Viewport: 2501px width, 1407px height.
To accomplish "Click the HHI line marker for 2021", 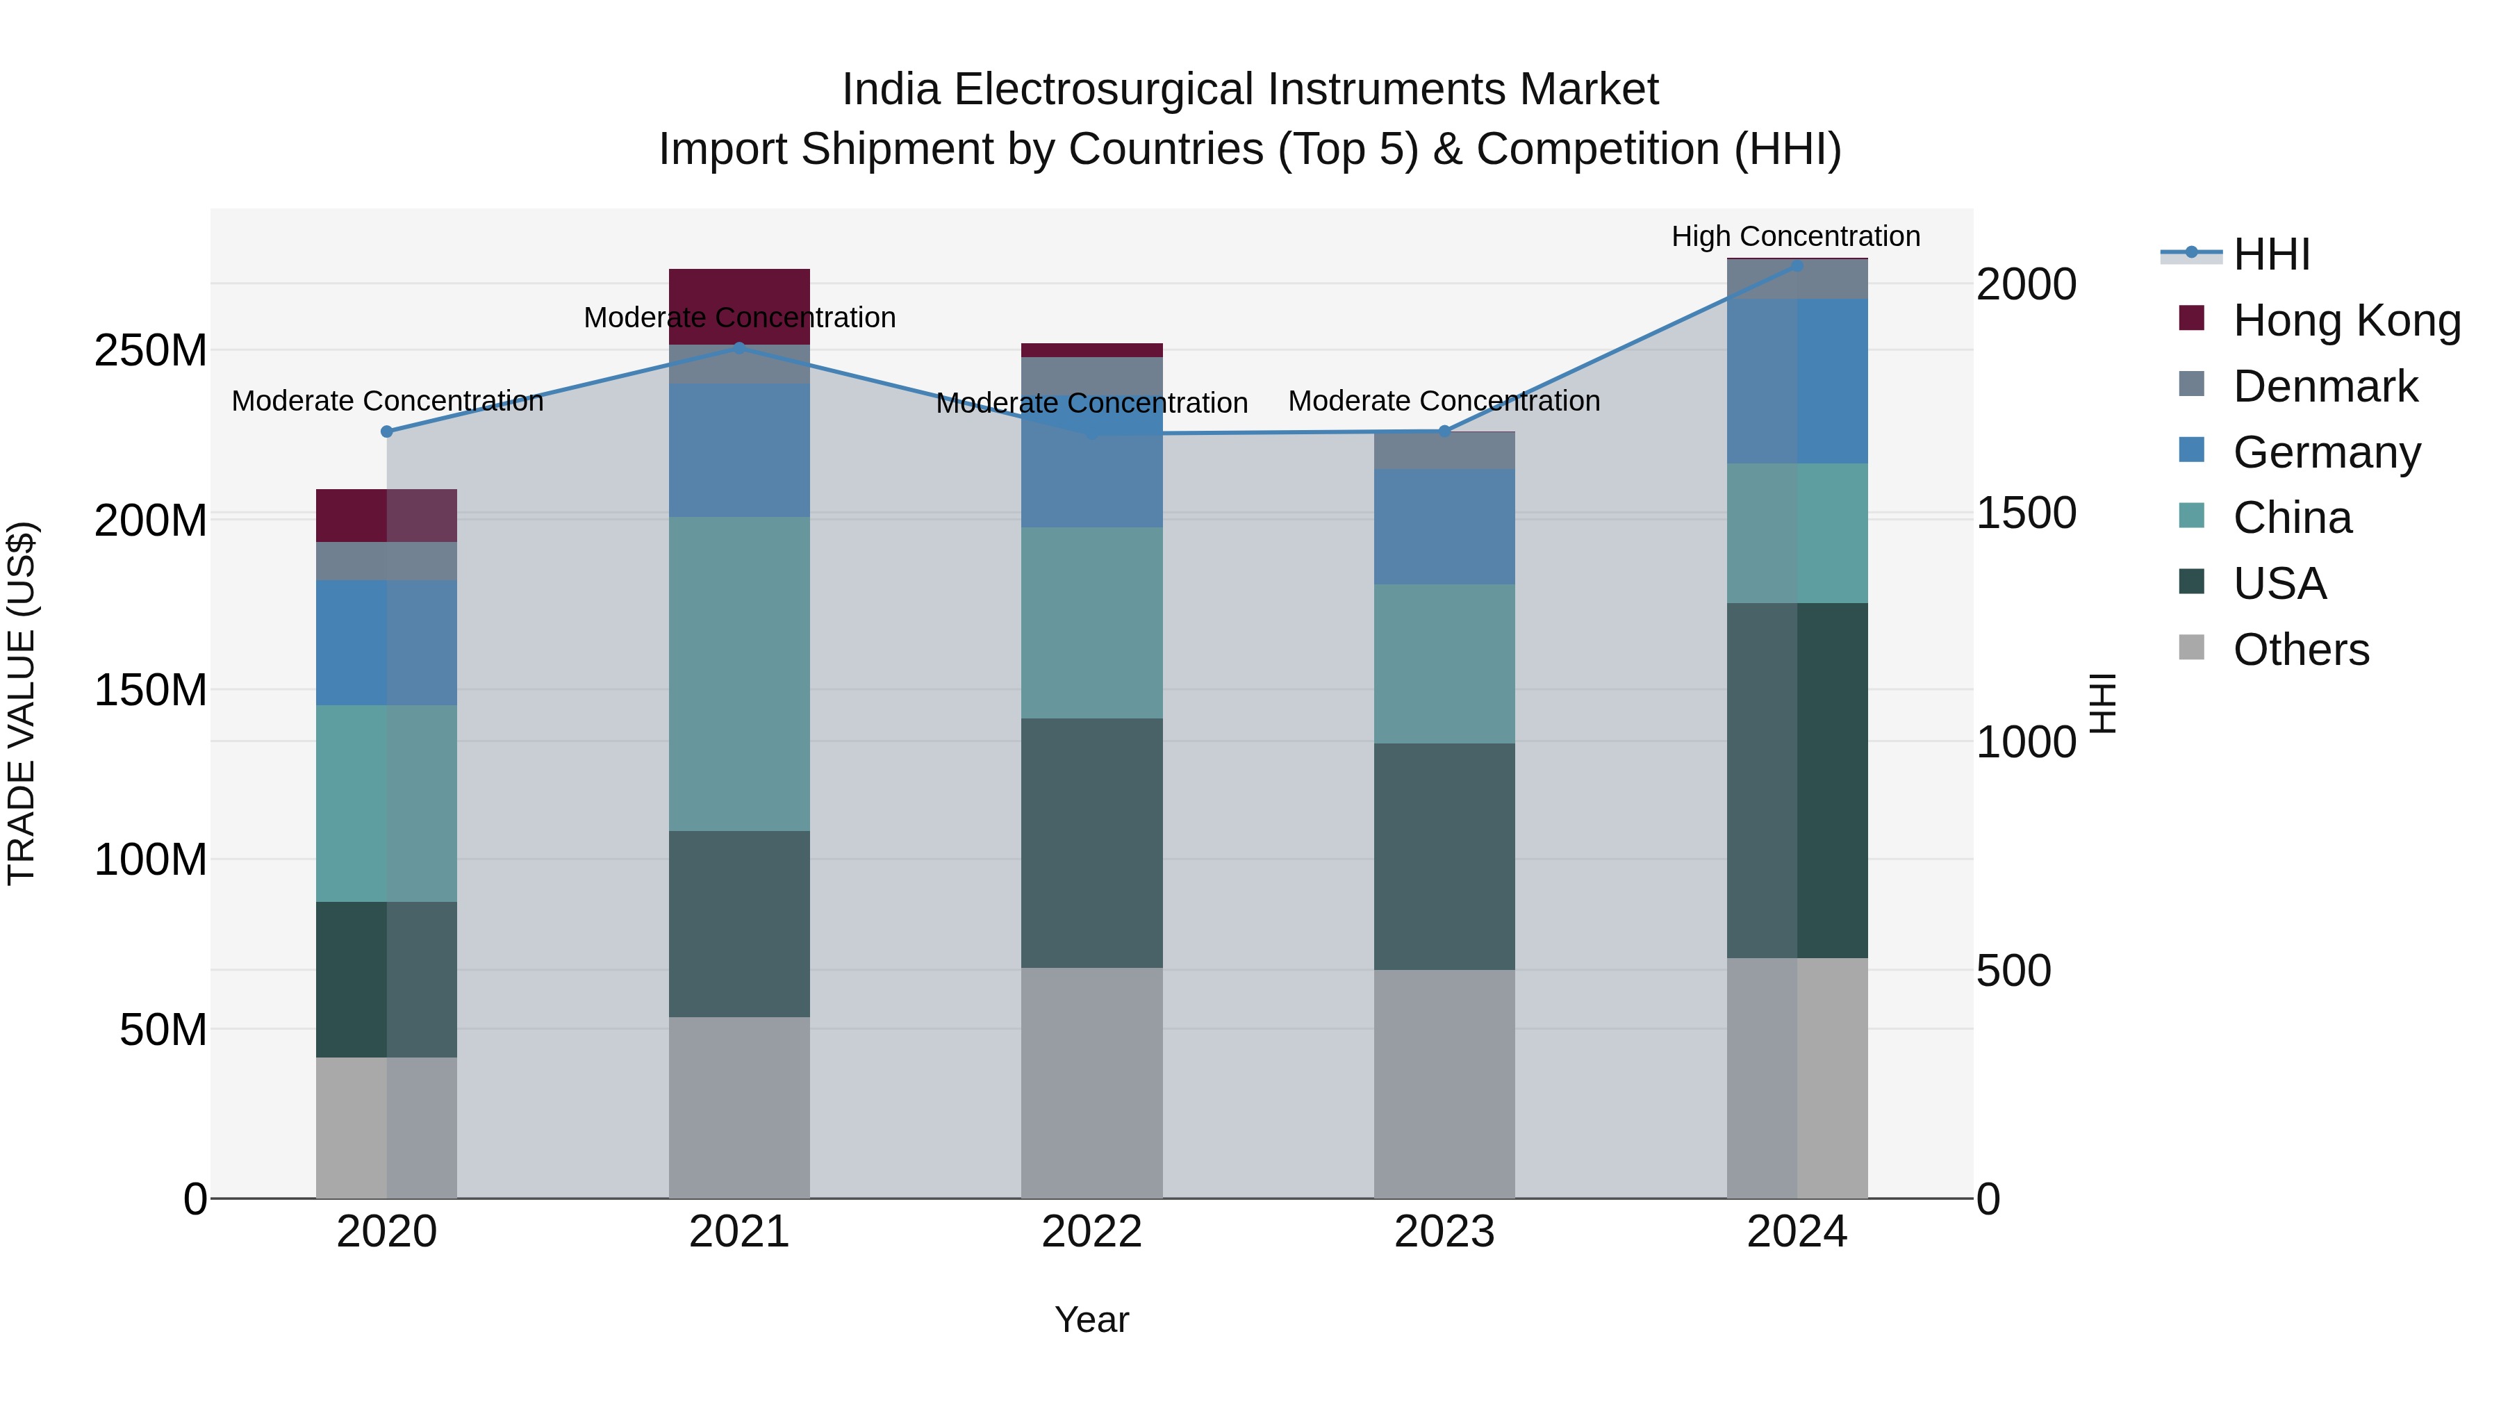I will [x=739, y=347].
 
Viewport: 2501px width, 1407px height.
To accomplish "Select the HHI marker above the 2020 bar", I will [x=386, y=431].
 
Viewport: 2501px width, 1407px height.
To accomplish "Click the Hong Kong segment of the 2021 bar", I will [x=739, y=306].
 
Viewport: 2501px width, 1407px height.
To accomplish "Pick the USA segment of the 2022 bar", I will [x=1091, y=843].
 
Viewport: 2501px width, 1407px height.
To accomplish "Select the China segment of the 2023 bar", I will [x=1444, y=664].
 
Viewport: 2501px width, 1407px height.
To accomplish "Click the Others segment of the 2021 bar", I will [x=739, y=1107].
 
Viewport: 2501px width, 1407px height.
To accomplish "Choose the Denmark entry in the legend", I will [x=2325, y=386].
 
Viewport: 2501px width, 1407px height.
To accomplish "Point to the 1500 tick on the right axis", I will [x=2027, y=513].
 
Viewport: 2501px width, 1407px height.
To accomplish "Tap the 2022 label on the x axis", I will [x=1091, y=1232].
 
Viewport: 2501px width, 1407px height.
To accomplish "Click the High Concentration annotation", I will [x=1795, y=236].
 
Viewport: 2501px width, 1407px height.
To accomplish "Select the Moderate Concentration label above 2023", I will [x=1444, y=400].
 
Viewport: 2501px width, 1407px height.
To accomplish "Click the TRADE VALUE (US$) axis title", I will [x=22, y=703].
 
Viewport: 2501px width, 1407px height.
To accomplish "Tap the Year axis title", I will [x=1091, y=1319].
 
